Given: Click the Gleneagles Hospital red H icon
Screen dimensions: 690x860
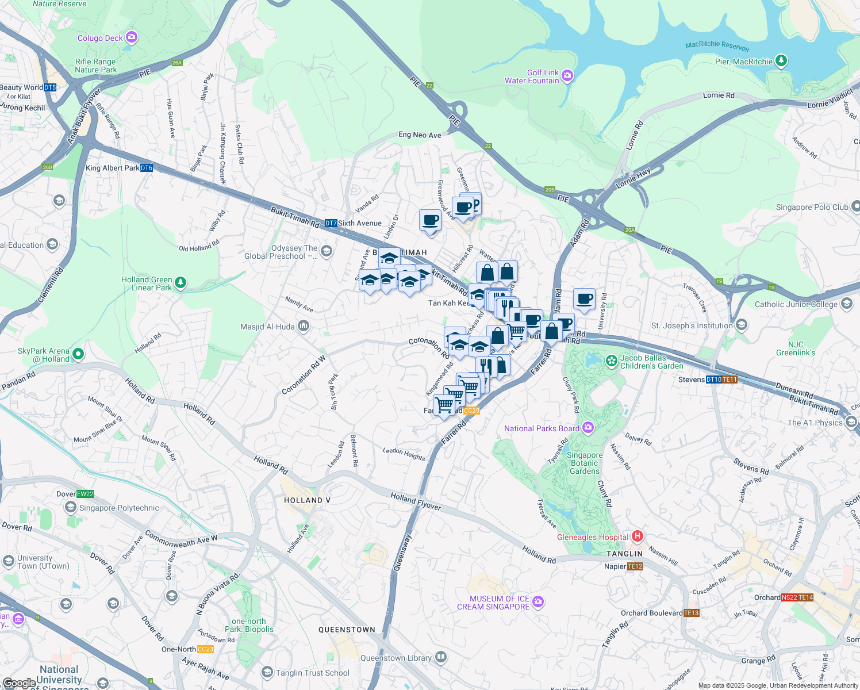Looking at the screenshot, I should [637, 536].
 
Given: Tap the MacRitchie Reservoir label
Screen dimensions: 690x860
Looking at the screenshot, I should [717, 45].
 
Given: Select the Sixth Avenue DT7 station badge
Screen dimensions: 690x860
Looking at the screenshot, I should [331, 223].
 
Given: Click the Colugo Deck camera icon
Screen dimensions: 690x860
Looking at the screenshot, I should [132, 38].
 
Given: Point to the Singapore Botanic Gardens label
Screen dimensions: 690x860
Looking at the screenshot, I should [585, 463].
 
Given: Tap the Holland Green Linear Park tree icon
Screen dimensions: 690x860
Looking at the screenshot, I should [181, 282].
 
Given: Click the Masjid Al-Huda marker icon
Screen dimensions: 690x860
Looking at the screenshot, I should [304, 327].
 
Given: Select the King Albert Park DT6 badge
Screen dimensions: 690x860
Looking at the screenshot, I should [147, 168].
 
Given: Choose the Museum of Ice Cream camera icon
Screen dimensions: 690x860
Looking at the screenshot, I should [538, 602].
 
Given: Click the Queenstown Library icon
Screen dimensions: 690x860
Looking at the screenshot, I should [440, 657].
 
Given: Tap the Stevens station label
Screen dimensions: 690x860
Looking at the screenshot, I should [691, 379].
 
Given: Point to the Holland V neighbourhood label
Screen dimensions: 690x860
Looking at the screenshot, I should [307, 500].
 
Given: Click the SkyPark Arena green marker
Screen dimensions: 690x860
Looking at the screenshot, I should [79, 353].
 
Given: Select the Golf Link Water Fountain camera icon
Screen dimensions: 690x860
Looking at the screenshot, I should [567, 75].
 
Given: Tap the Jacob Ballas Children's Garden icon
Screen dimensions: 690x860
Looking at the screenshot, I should [612, 361].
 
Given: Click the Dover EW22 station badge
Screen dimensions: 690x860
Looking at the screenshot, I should [85, 494].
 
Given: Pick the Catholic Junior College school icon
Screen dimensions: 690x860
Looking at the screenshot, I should [846, 304].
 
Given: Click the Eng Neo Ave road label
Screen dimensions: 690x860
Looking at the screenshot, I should [420, 135].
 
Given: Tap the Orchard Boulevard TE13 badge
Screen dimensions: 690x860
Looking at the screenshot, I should [692, 613].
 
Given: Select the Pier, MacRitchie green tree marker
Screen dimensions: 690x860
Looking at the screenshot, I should [781, 60].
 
